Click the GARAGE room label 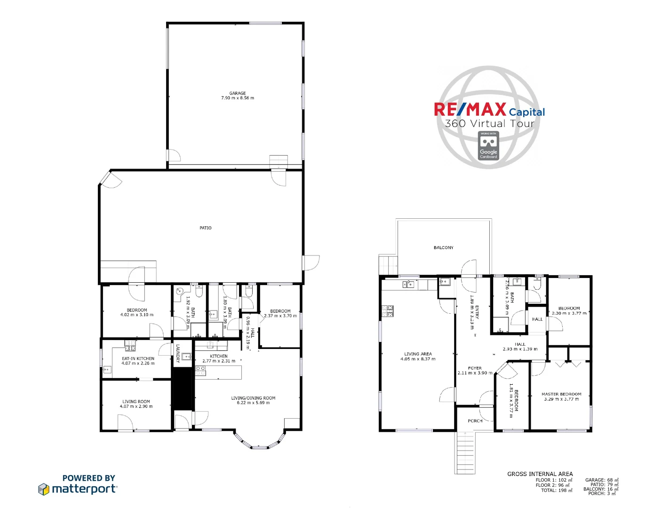click(x=238, y=93)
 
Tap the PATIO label click(x=206, y=228)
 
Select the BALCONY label click(x=444, y=247)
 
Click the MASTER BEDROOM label click(x=561, y=394)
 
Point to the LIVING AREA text click(x=418, y=354)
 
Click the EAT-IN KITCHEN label click(x=138, y=358)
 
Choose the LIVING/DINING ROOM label click(x=253, y=398)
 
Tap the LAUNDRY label click(x=178, y=353)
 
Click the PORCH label click(x=475, y=421)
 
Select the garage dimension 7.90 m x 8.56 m click(x=238, y=98)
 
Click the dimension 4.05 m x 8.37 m click(x=418, y=359)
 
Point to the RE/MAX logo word click(x=470, y=110)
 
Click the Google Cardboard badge click(x=488, y=146)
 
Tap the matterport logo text click(x=84, y=489)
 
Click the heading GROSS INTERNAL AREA click(x=540, y=474)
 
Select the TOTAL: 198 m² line click(x=556, y=490)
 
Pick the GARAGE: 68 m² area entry click(x=601, y=480)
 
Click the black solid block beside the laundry click(x=183, y=389)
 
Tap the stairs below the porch click(x=466, y=452)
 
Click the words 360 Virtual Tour click(x=490, y=124)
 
